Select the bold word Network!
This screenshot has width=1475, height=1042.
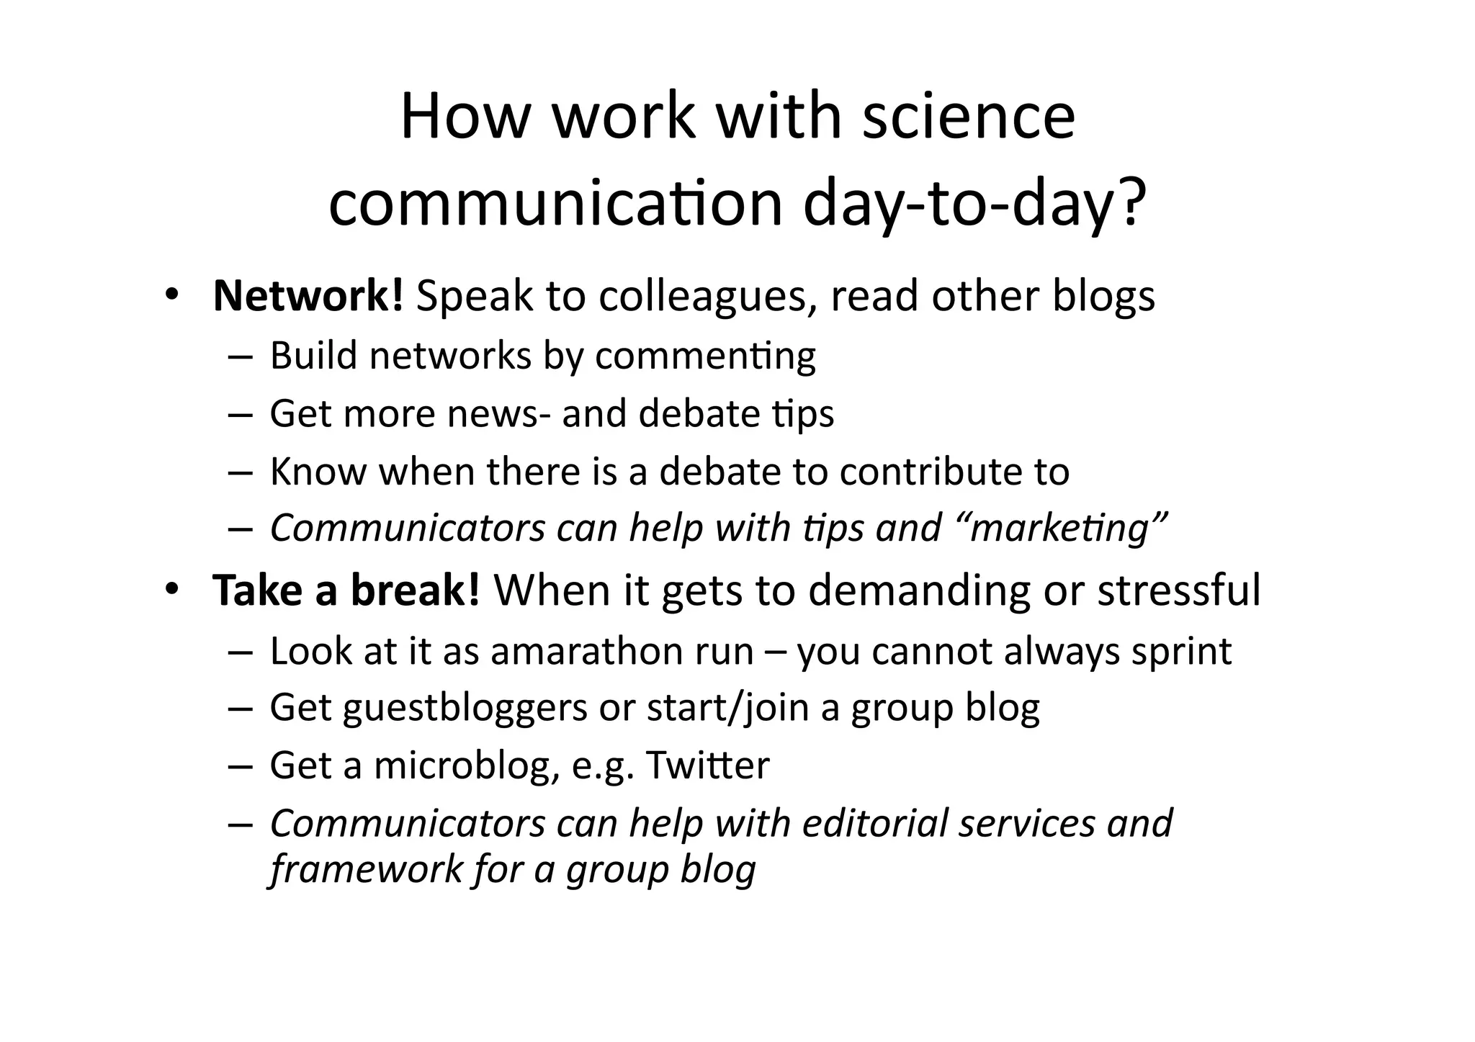click(308, 295)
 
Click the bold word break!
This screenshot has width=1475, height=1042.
click(415, 590)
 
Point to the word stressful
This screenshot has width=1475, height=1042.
click(1179, 590)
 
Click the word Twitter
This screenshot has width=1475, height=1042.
click(707, 765)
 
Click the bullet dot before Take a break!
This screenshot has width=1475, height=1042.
click(171, 590)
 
